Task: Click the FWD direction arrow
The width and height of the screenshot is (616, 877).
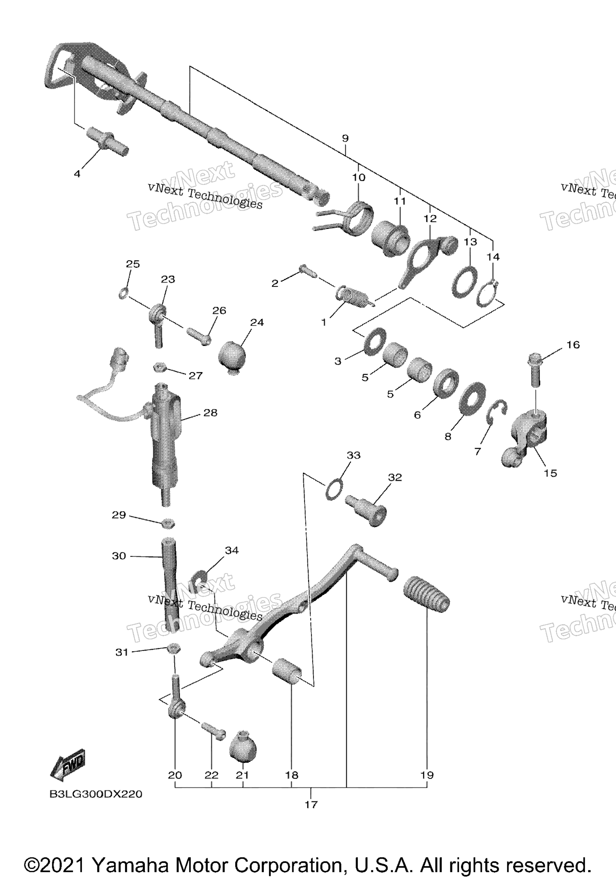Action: (x=68, y=765)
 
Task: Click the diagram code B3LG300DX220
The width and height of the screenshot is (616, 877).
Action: (x=96, y=794)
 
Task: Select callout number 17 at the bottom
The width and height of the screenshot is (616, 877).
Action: (x=311, y=804)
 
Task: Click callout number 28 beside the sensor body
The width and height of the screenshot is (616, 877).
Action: (x=210, y=413)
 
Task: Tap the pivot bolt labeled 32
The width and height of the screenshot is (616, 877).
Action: (x=368, y=510)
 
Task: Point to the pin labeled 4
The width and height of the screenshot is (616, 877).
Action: (x=107, y=142)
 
